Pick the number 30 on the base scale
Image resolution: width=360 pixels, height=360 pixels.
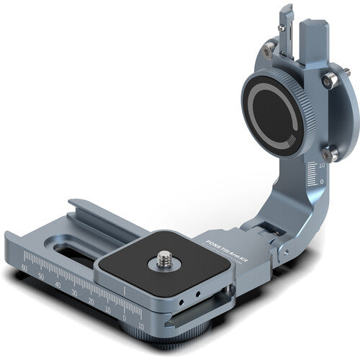coord(74,293)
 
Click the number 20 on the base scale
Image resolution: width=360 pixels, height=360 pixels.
coord(91,302)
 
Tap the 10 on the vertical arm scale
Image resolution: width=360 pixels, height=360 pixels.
coord(321,165)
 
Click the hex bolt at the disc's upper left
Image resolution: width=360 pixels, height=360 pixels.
coord(268,48)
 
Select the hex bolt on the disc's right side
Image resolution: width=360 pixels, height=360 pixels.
coord(329,82)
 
